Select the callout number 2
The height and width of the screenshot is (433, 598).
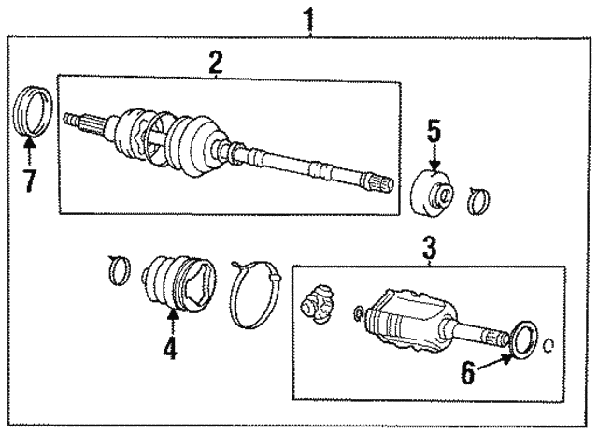click(x=216, y=63)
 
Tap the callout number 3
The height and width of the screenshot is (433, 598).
click(x=429, y=250)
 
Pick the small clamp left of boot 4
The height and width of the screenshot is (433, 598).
click(x=117, y=270)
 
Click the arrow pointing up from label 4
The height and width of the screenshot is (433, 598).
click(x=172, y=324)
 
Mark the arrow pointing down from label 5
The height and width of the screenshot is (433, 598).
click(x=434, y=158)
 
